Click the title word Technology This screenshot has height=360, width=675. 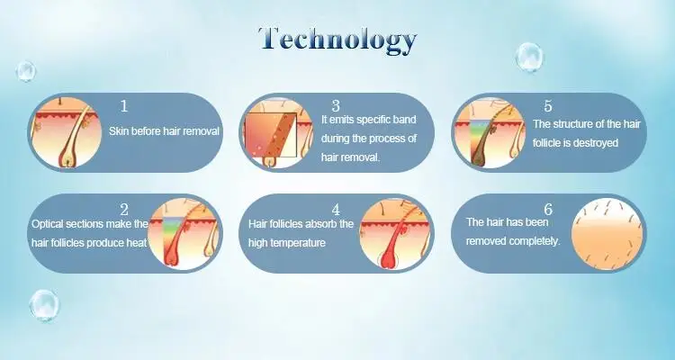337,40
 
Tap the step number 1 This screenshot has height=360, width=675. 124,105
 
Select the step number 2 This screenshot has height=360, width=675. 124,210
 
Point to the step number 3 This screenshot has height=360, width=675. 336,105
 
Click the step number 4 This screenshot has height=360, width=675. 336,210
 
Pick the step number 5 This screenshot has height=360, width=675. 548,105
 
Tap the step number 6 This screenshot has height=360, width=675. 548,210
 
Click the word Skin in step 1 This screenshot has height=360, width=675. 118,131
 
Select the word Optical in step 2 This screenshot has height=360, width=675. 48,224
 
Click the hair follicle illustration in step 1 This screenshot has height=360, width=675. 67,132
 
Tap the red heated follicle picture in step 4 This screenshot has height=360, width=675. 395,234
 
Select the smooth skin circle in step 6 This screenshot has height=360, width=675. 607,234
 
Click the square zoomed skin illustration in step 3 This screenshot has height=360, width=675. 271,135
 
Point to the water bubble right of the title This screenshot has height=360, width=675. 529,57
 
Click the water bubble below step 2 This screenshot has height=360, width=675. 44,305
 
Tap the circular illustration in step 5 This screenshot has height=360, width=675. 490,132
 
